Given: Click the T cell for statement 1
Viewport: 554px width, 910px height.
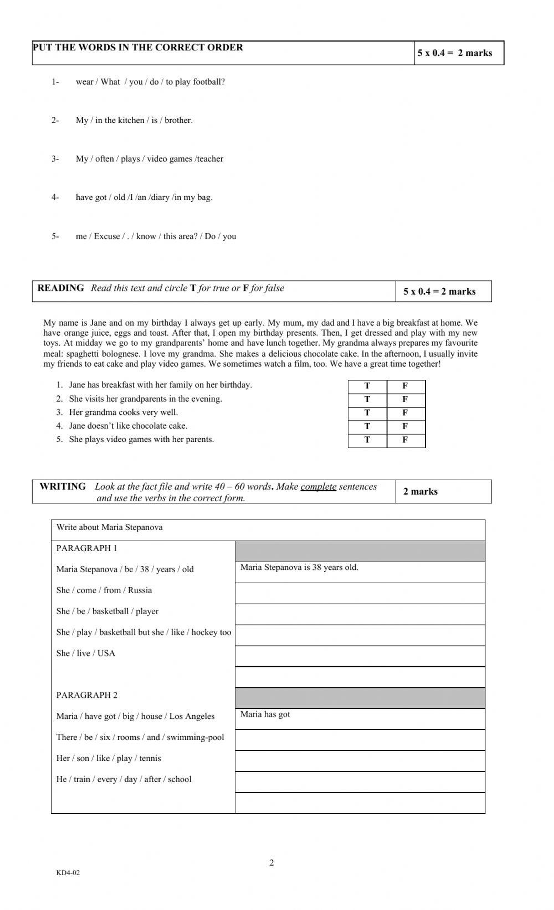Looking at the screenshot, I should (367, 386).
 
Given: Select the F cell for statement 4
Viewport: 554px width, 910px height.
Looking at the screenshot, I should (405, 426).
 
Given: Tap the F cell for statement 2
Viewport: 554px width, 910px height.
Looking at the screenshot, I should (405, 399).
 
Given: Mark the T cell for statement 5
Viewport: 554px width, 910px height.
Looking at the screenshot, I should (367, 440).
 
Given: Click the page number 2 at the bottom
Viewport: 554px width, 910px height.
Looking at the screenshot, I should (271, 862).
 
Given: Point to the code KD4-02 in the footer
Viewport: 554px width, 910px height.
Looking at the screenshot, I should (68, 873).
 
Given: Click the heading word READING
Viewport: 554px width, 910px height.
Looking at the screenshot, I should (60, 288).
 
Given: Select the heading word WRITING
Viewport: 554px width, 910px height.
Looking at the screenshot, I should (63, 486).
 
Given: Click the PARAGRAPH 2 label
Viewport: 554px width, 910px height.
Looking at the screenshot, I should (87, 695).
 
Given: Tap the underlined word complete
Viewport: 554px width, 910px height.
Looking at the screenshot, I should (318, 487).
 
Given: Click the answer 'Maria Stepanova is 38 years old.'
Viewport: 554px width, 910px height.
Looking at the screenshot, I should (299, 567).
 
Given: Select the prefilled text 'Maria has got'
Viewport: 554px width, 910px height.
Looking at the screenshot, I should (265, 714).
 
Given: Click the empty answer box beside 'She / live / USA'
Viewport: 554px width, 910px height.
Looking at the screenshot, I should (360, 656).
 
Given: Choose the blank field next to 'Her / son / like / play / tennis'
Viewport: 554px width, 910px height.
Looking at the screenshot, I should (360, 760).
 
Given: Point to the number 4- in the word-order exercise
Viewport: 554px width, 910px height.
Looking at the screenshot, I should (55, 197).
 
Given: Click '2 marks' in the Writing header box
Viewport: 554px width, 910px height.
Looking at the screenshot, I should (420, 492).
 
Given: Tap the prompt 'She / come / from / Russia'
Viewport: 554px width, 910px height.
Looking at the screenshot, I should (104, 590).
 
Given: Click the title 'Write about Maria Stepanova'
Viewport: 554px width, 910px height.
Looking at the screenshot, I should (109, 527).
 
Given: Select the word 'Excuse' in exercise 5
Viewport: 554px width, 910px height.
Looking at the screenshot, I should (107, 237).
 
